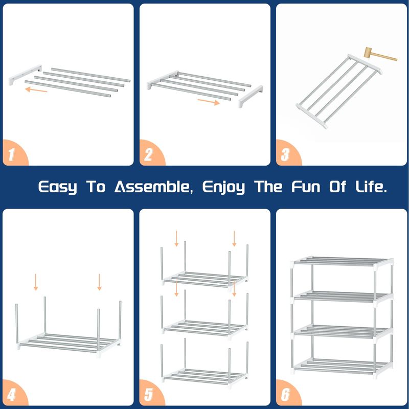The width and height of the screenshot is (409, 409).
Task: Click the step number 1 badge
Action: click(13, 154)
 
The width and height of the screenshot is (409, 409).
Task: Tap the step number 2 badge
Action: click(150, 154)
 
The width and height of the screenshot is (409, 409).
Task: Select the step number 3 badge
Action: click(287, 154)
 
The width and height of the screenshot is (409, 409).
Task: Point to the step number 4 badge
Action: click(13, 394)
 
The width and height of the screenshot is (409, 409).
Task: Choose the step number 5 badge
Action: click(150, 394)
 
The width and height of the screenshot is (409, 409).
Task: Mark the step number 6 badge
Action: click(287, 394)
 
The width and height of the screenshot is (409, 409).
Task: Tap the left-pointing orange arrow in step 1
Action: click(36, 90)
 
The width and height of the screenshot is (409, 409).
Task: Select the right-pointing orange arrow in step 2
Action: click(209, 102)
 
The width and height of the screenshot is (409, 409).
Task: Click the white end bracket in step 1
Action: click(25, 75)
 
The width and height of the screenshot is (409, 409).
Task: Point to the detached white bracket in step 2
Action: click(251, 96)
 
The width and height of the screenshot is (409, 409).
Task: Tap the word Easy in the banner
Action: click(58, 188)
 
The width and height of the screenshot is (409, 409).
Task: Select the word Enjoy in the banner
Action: click(224, 188)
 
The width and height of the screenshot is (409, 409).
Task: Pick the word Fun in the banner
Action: click(306, 187)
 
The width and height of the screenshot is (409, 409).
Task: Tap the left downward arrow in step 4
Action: click(36, 282)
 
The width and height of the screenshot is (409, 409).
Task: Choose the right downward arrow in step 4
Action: click(99, 282)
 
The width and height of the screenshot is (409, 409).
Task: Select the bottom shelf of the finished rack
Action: click(342, 367)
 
